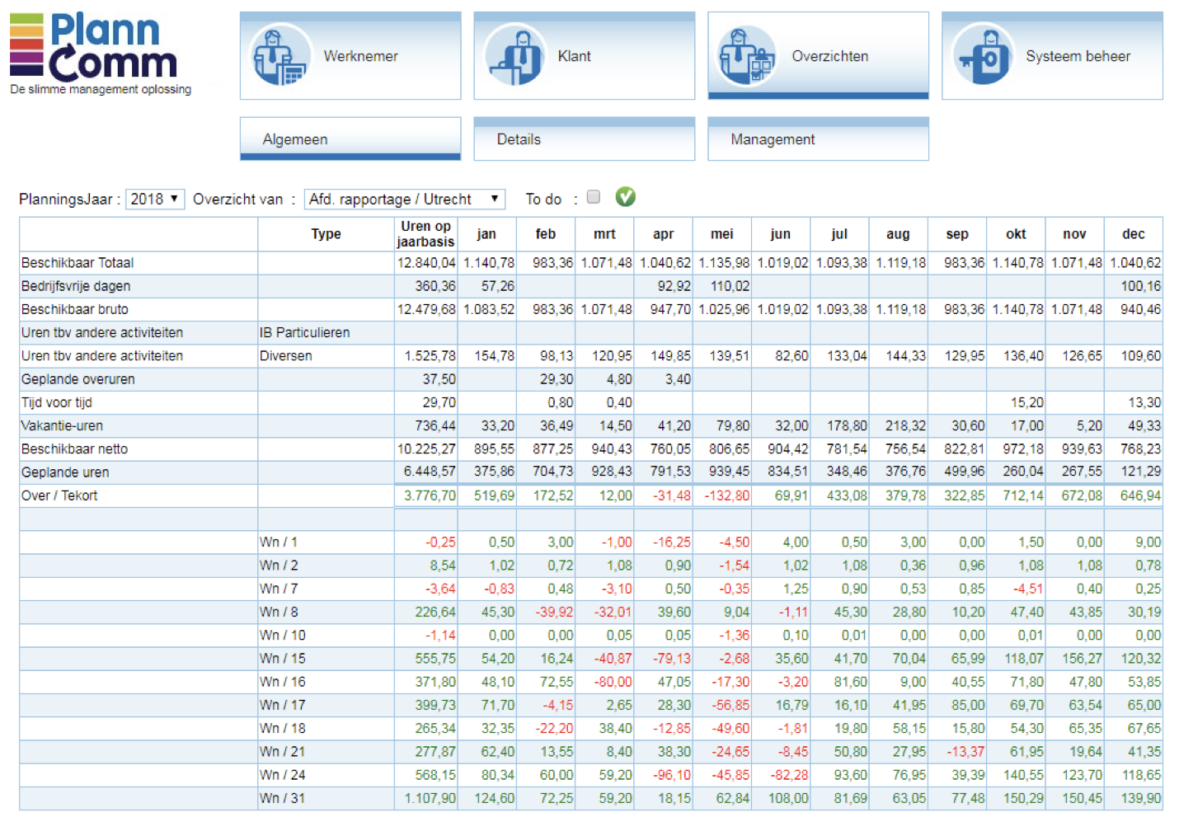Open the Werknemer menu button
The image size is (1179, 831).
coord(350,56)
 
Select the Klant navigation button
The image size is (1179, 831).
coord(584,56)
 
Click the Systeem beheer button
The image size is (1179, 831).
coord(1052,56)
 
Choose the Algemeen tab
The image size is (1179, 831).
coord(350,138)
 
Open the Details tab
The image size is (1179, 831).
coord(584,138)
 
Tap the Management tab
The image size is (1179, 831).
coord(818,138)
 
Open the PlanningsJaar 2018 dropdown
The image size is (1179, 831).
coord(155,199)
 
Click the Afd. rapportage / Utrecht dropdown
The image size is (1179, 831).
coord(404,199)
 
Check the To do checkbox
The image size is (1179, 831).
coord(594,197)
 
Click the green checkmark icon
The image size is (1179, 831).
coord(626,196)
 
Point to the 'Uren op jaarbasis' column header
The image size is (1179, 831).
coord(425,234)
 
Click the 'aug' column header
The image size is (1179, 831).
coord(898,234)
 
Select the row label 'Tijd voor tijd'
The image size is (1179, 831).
coord(57,402)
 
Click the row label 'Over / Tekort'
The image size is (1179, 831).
coord(59,495)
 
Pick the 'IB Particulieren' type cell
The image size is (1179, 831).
coord(305,333)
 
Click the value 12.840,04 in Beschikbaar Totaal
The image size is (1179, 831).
coord(426,263)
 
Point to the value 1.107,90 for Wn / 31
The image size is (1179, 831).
coord(430,798)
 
